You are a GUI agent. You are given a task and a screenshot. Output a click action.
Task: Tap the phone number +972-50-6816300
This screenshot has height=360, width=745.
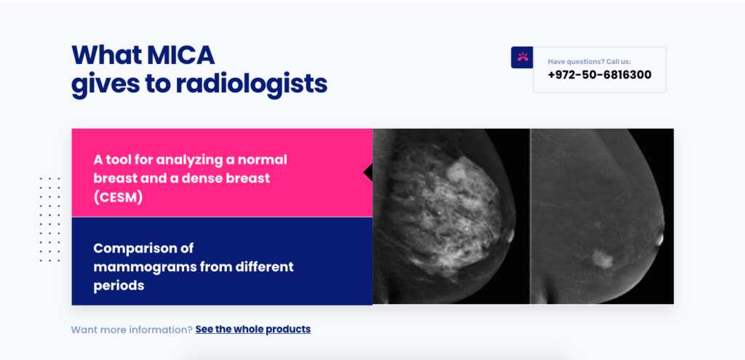(599, 75)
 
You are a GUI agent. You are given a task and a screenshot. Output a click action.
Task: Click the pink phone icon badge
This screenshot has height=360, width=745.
(522, 57)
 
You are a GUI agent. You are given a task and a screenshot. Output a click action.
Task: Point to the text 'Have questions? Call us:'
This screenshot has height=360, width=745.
(589, 62)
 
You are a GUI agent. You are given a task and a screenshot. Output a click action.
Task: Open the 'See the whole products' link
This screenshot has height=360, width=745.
(252, 329)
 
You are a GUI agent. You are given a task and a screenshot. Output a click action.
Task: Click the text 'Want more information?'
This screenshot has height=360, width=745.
(131, 329)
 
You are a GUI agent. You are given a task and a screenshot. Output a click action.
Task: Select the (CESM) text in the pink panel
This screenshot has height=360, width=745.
(118, 196)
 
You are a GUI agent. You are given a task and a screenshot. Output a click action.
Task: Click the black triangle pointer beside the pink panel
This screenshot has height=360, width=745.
(368, 172)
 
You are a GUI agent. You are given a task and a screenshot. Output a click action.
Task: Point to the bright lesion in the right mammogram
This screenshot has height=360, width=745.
(601, 257)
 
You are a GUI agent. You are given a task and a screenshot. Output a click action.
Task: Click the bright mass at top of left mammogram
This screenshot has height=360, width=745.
(457, 172)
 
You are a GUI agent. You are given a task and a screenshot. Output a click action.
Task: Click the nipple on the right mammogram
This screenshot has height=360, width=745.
(659, 238)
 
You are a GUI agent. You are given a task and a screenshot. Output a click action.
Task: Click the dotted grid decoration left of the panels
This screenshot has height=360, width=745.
(49, 219)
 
